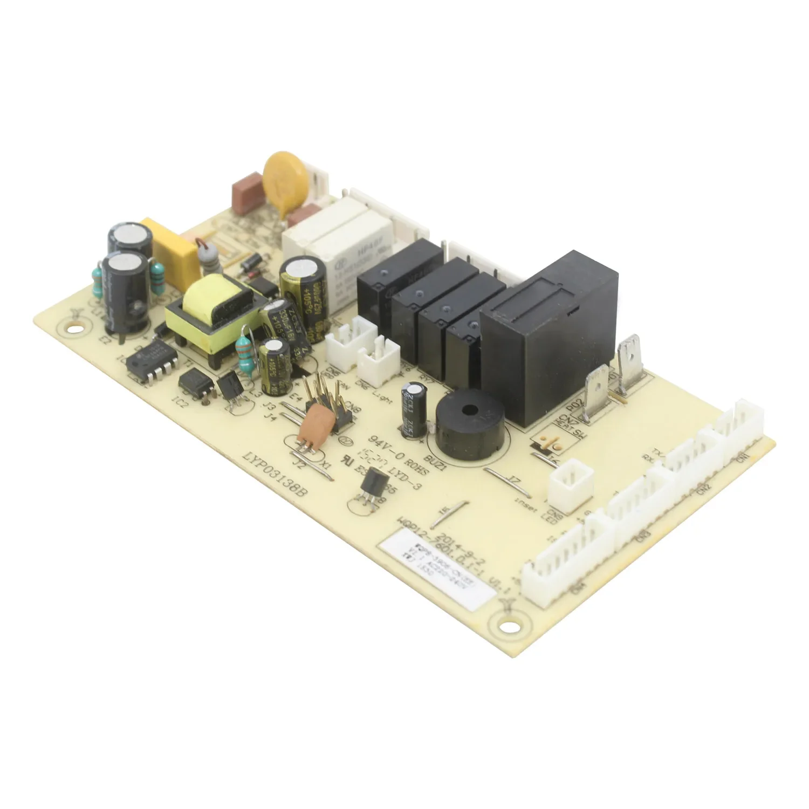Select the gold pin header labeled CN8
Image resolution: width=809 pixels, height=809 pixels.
pos(329,399)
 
